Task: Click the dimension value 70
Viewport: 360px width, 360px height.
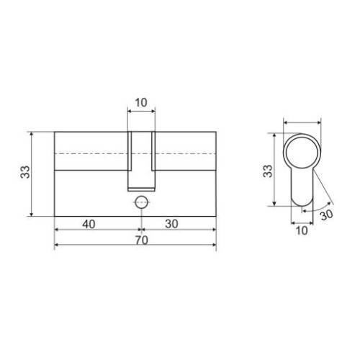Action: pos(142,240)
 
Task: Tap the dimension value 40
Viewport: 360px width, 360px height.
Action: pos(89,225)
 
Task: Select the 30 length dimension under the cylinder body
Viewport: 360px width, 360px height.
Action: pos(172,225)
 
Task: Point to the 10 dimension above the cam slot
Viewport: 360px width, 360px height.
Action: pos(141,103)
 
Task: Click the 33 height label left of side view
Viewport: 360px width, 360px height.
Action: pos(25,172)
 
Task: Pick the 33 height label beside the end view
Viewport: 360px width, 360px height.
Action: pos(268,171)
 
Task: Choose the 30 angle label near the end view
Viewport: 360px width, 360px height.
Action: pos(327,215)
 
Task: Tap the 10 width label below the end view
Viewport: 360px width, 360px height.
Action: pos(302,230)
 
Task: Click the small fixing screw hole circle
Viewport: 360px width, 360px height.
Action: pos(141,202)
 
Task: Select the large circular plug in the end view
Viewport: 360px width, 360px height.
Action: pos(302,152)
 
